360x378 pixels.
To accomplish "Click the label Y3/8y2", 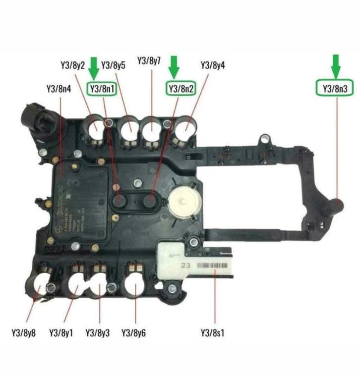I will (x=72, y=65).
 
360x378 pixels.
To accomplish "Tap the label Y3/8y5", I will (x=114, y=65).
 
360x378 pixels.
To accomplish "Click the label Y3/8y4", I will (x=213, y=65).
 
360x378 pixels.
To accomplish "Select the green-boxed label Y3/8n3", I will (x=335, y=88).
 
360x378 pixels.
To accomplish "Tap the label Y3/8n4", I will (x=59, y=89).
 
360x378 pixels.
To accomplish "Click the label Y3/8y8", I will (x=23, y=332).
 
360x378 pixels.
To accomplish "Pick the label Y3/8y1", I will (x=61, y=332).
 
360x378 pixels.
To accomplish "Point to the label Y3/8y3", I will (x=98, y=332).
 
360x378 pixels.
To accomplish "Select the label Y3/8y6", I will (x=133, y=332).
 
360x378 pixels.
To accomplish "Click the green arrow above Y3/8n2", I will (x=174, y=66).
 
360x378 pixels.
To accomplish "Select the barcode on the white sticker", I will (x=214, y=266).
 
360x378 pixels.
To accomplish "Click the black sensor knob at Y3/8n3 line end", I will (x=335, y=204).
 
